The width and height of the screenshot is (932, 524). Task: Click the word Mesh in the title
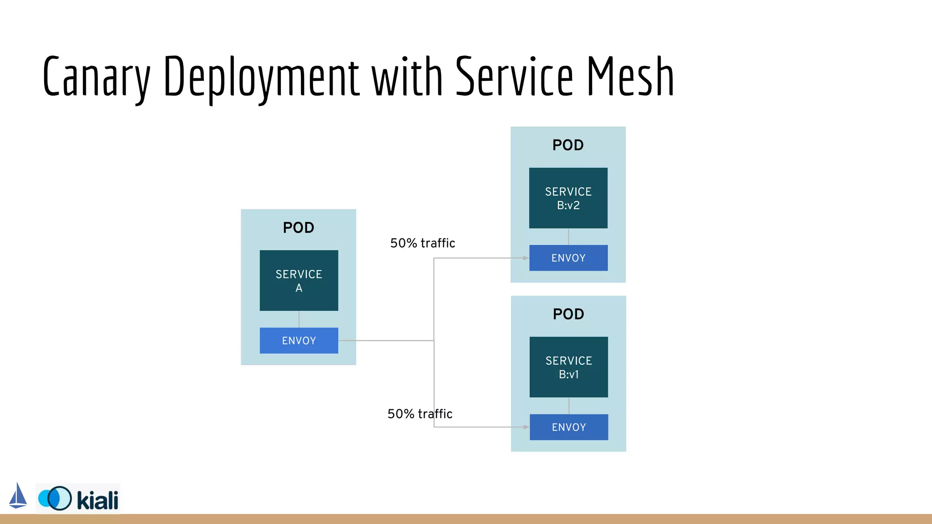click(630, 76)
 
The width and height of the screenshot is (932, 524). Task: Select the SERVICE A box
click(299, 280)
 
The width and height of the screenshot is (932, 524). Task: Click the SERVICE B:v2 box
click(568, 198)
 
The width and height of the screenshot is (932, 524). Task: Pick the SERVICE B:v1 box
click(568, 367)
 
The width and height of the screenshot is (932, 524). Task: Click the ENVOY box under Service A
click(299, 340)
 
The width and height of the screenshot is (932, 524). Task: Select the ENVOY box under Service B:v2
click(568, 258)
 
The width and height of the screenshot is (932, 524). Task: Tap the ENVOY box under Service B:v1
click(568, 427)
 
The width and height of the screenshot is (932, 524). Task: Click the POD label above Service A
click(299, 227)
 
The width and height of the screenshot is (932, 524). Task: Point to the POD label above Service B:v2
click(567, 145)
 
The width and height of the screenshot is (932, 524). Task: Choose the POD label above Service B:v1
click(568, 314)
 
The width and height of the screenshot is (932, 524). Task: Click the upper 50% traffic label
click(422, 243)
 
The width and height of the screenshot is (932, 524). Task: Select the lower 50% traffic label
click(420, 413)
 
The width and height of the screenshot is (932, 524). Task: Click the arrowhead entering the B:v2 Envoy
click(526, 258)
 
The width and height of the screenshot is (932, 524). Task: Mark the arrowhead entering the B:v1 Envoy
click(526, 427)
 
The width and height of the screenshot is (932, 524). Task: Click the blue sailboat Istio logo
click(18, 496)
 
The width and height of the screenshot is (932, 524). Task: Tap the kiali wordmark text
click(97, 500)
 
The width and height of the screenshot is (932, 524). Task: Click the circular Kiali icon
click(56, 498)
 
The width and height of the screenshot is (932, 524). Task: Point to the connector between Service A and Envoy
click(299, 319)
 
